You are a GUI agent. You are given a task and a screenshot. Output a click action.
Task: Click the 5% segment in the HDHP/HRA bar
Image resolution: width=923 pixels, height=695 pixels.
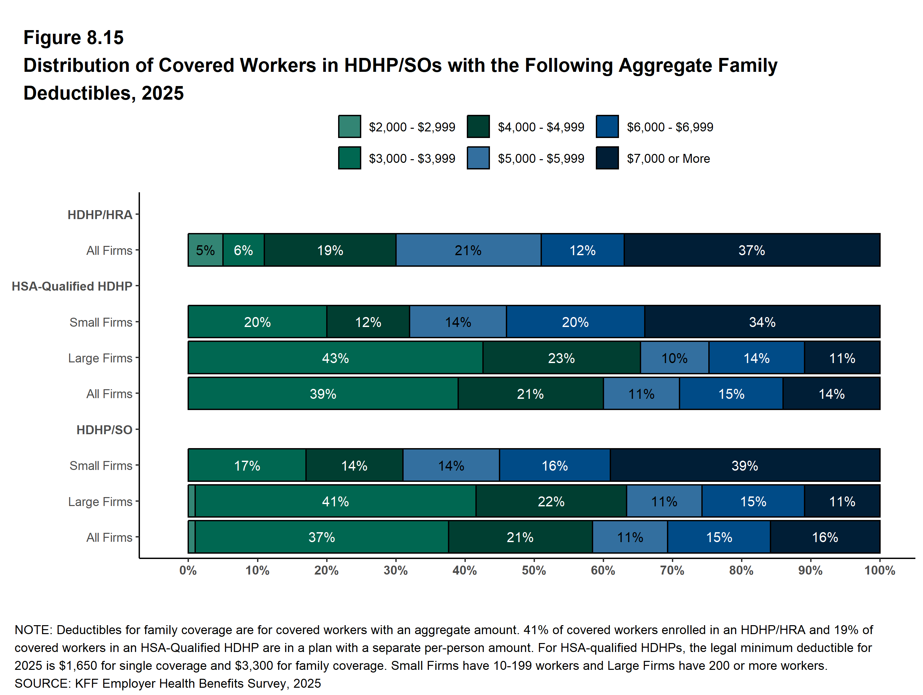(x=205, y=250)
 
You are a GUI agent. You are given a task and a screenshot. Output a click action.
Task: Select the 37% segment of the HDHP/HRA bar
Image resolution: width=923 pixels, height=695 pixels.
(x=752, y=250)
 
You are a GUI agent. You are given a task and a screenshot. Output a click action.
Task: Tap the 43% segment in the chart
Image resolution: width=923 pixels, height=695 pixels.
(x=335, y=358)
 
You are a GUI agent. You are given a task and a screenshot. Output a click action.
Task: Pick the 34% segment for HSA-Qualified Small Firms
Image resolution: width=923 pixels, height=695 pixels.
(x=762, y=322)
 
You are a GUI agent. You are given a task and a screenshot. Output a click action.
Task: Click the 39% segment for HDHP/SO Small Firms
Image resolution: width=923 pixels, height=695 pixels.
(x=744, y=465)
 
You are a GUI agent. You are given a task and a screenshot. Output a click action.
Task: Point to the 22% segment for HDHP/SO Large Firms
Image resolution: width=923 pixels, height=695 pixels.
(x=551, y=501)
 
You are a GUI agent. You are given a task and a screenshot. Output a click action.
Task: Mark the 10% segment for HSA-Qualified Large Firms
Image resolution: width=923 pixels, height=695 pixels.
(x=674, y=358)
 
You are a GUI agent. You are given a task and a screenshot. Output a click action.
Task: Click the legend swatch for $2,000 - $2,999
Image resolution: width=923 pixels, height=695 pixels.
(x=349, y=126)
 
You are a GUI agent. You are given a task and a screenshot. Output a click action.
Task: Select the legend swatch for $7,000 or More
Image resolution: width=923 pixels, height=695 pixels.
(x=607, y=158)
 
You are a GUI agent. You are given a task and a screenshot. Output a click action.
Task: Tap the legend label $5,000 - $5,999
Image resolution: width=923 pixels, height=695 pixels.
(x=541, y=159)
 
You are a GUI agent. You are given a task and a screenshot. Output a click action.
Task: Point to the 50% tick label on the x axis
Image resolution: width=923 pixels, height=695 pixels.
(x=534, y=571)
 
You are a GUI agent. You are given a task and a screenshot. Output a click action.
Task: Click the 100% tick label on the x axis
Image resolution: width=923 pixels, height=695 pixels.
(x=880, y=571)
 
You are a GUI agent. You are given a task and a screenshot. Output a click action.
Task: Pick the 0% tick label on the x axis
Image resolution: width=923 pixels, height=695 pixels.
(x=188, y=571)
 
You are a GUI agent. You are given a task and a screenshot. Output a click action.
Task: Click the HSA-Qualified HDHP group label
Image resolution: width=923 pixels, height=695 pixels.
(x=72, y=286)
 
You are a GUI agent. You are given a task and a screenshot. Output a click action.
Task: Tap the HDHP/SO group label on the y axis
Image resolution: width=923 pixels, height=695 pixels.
(x=104, y=430)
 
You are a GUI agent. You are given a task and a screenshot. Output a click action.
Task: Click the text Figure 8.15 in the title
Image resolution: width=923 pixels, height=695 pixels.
(x=73, y=38)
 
